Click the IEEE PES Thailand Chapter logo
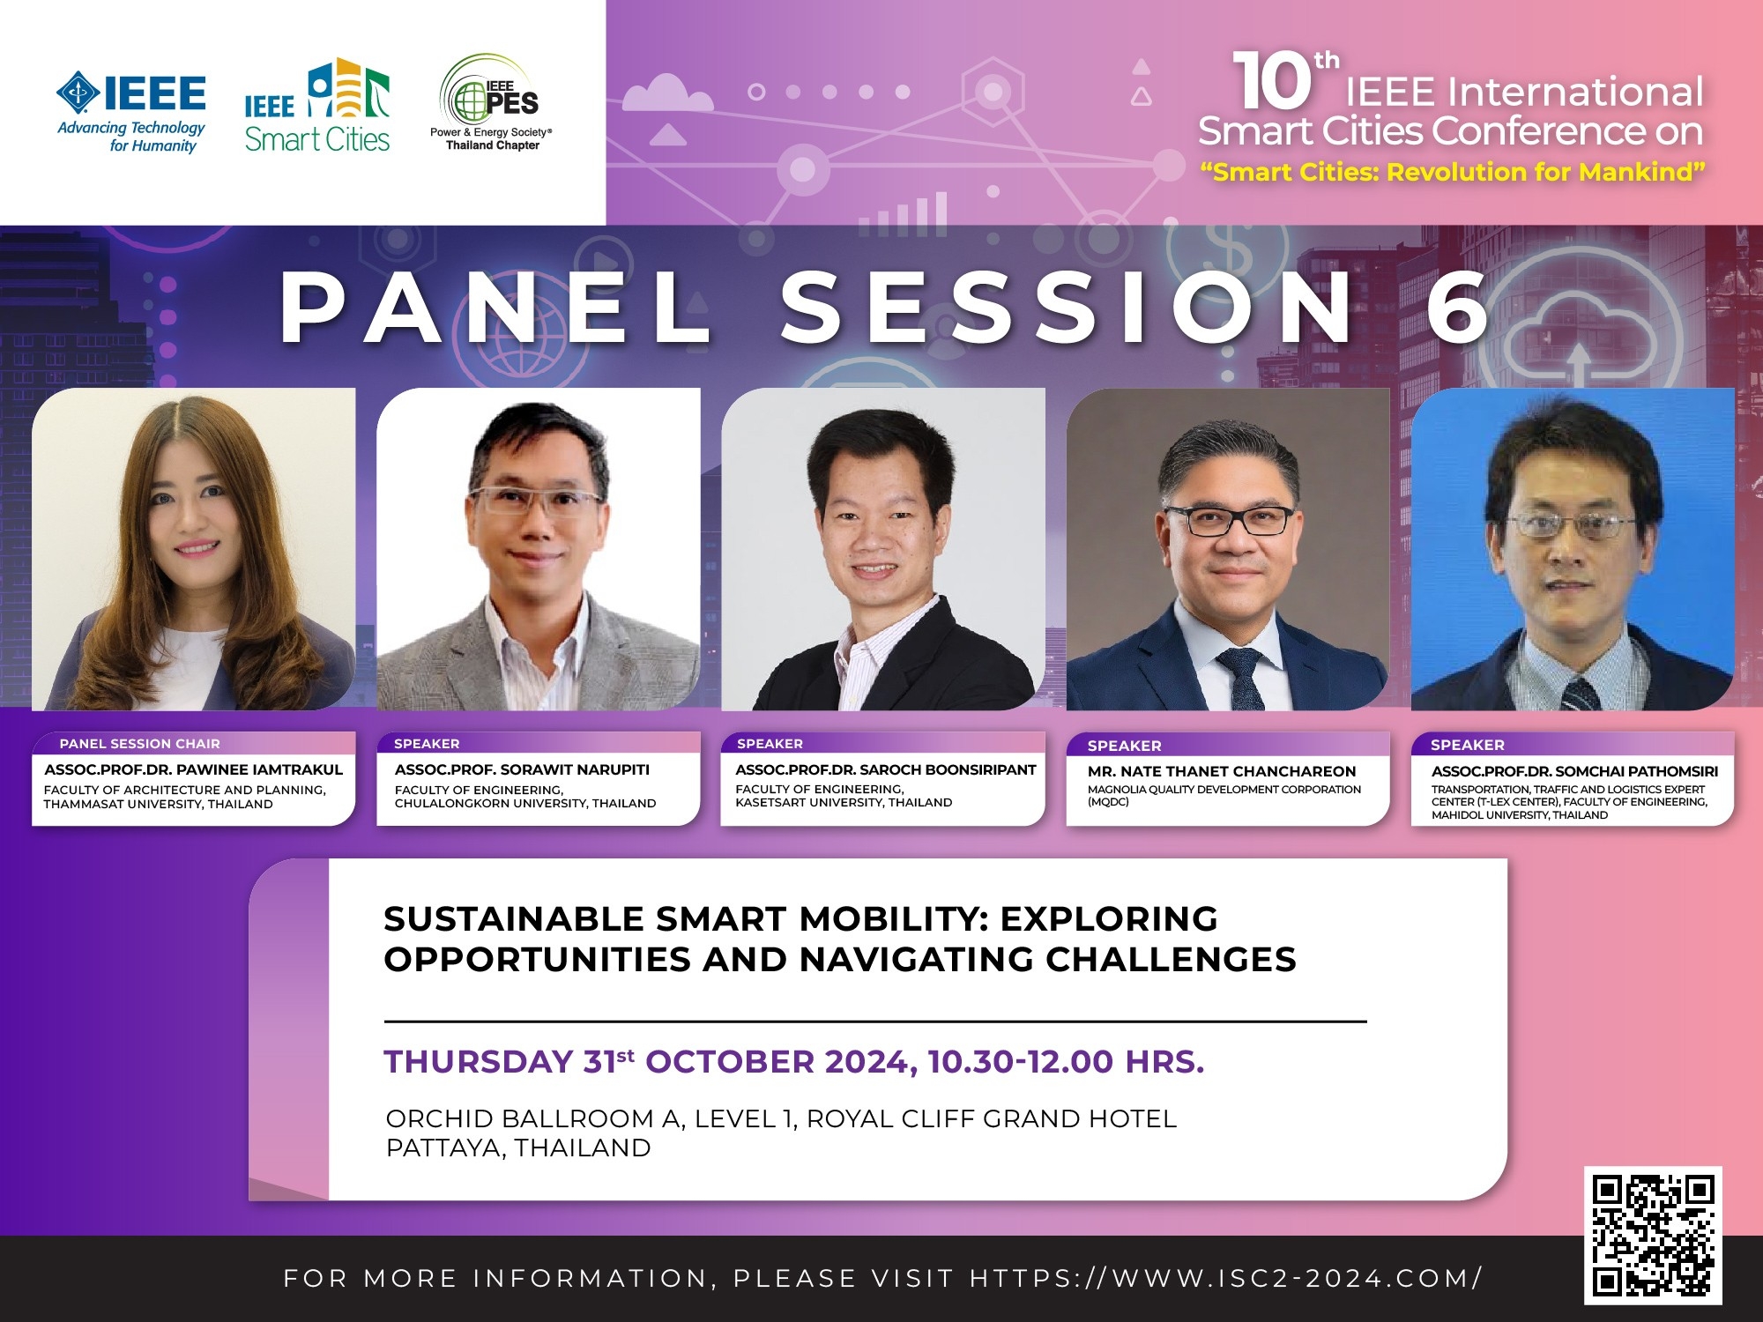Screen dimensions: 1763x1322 (x=491, y=102)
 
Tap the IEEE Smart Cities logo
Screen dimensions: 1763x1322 (x=317, y=106)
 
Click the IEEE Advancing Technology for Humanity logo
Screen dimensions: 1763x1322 (x=131, y=113)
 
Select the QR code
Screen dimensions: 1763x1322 (x=1653, y=1236)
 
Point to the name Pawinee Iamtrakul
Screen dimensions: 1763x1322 (x=259, y=769)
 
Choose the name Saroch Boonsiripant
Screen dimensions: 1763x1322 (x=948, y=769)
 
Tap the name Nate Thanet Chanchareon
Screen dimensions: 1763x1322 (x=1239, y=771)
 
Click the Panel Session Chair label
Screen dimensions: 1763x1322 (x=140, y=744)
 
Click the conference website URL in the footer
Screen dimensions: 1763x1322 (x=1226, y=1278)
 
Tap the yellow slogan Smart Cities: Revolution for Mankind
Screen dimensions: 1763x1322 (x=1453, y=172)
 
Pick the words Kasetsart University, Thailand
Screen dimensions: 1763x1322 (x=844, y=803)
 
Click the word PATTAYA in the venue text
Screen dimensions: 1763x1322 (x=445, y=1148)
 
